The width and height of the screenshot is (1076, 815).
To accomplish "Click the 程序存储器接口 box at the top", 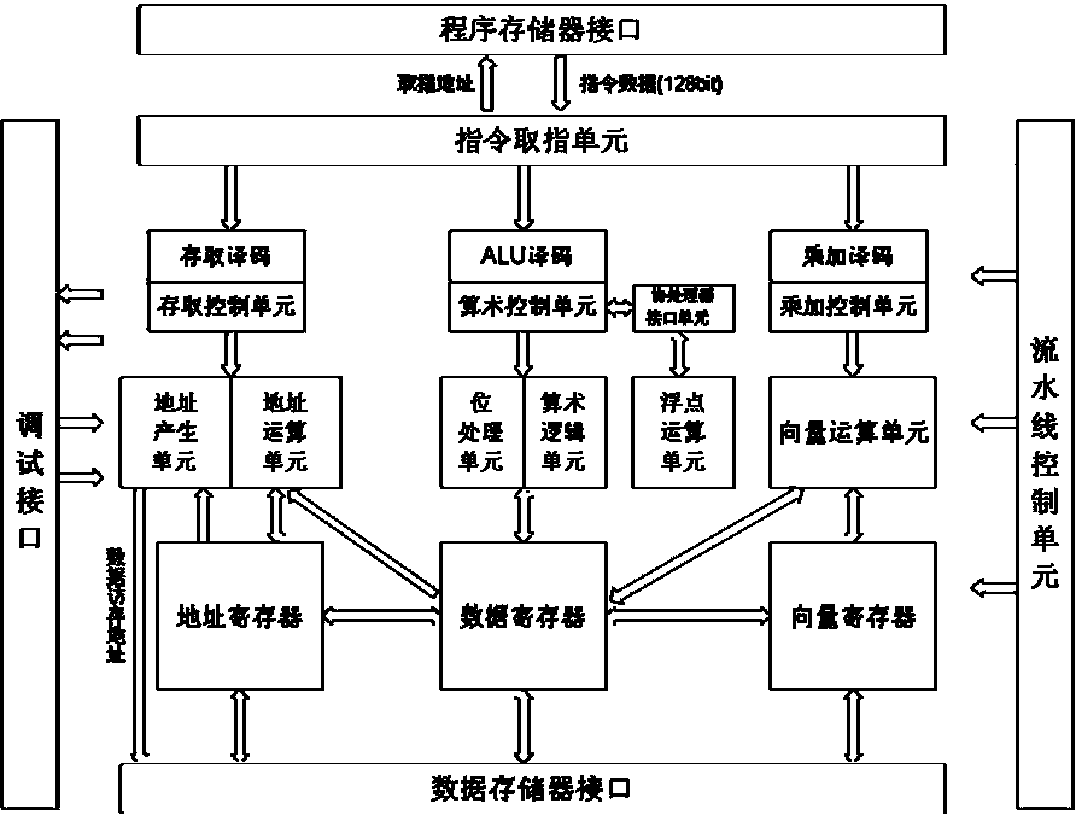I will coord(541,30).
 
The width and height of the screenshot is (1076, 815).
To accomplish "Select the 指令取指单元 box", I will coord(541,141).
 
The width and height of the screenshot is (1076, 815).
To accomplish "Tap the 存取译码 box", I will coord(226,256).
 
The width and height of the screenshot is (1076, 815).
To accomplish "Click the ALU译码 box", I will coord(527,256).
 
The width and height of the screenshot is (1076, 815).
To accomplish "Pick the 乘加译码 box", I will coord(848,256).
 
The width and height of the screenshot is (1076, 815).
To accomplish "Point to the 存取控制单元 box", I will coord(226,306).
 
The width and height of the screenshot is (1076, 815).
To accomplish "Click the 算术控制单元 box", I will coord(527,306).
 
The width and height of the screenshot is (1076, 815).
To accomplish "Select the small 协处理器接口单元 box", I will coord(683,308).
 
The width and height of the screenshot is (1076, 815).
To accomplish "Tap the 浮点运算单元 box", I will coord(683,432).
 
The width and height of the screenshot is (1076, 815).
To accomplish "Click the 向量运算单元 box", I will coord(853,432).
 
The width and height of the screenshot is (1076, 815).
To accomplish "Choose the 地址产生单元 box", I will coord(175,432).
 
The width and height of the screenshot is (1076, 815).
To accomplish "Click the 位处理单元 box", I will coord(481,432).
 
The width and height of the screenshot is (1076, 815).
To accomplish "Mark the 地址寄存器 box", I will coord(239,615).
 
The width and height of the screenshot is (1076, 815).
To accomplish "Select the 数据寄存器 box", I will coord(523,615).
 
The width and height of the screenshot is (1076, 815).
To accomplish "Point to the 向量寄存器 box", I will coord(853,615).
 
